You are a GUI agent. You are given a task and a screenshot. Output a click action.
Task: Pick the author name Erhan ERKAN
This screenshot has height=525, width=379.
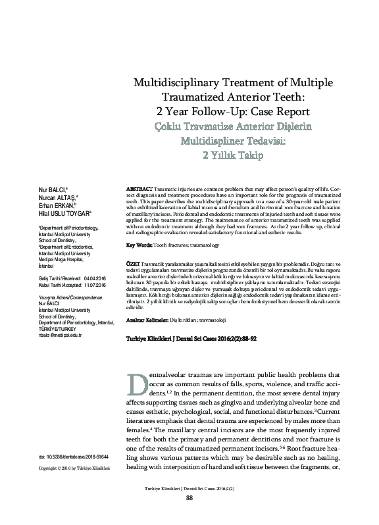(x=57, y=205)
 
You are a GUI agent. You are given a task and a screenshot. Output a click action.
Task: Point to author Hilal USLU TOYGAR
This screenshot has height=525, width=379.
(x=65, y=213)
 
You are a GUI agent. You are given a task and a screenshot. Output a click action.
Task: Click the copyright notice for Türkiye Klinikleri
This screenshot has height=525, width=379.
(x=74, y=468)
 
